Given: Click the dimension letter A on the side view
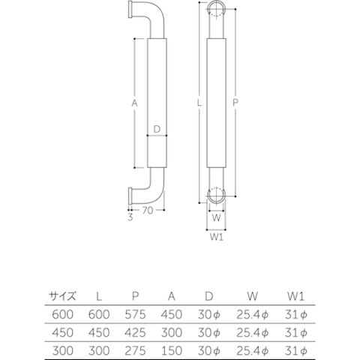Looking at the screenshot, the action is click(135, 103).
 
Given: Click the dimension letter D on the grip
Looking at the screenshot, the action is click(157, 129).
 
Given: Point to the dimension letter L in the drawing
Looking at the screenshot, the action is click(199, 103).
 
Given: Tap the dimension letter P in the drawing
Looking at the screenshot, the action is click(235, 103).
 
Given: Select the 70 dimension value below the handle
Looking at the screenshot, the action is click(148, 211).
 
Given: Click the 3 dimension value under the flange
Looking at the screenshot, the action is click(130, 217).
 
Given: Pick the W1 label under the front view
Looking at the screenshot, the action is click(217, 237).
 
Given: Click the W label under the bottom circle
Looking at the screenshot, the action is click(216, 218).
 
